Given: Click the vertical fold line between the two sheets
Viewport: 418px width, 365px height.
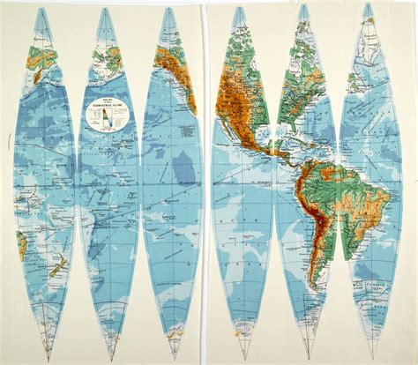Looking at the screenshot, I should click(205, 176).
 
